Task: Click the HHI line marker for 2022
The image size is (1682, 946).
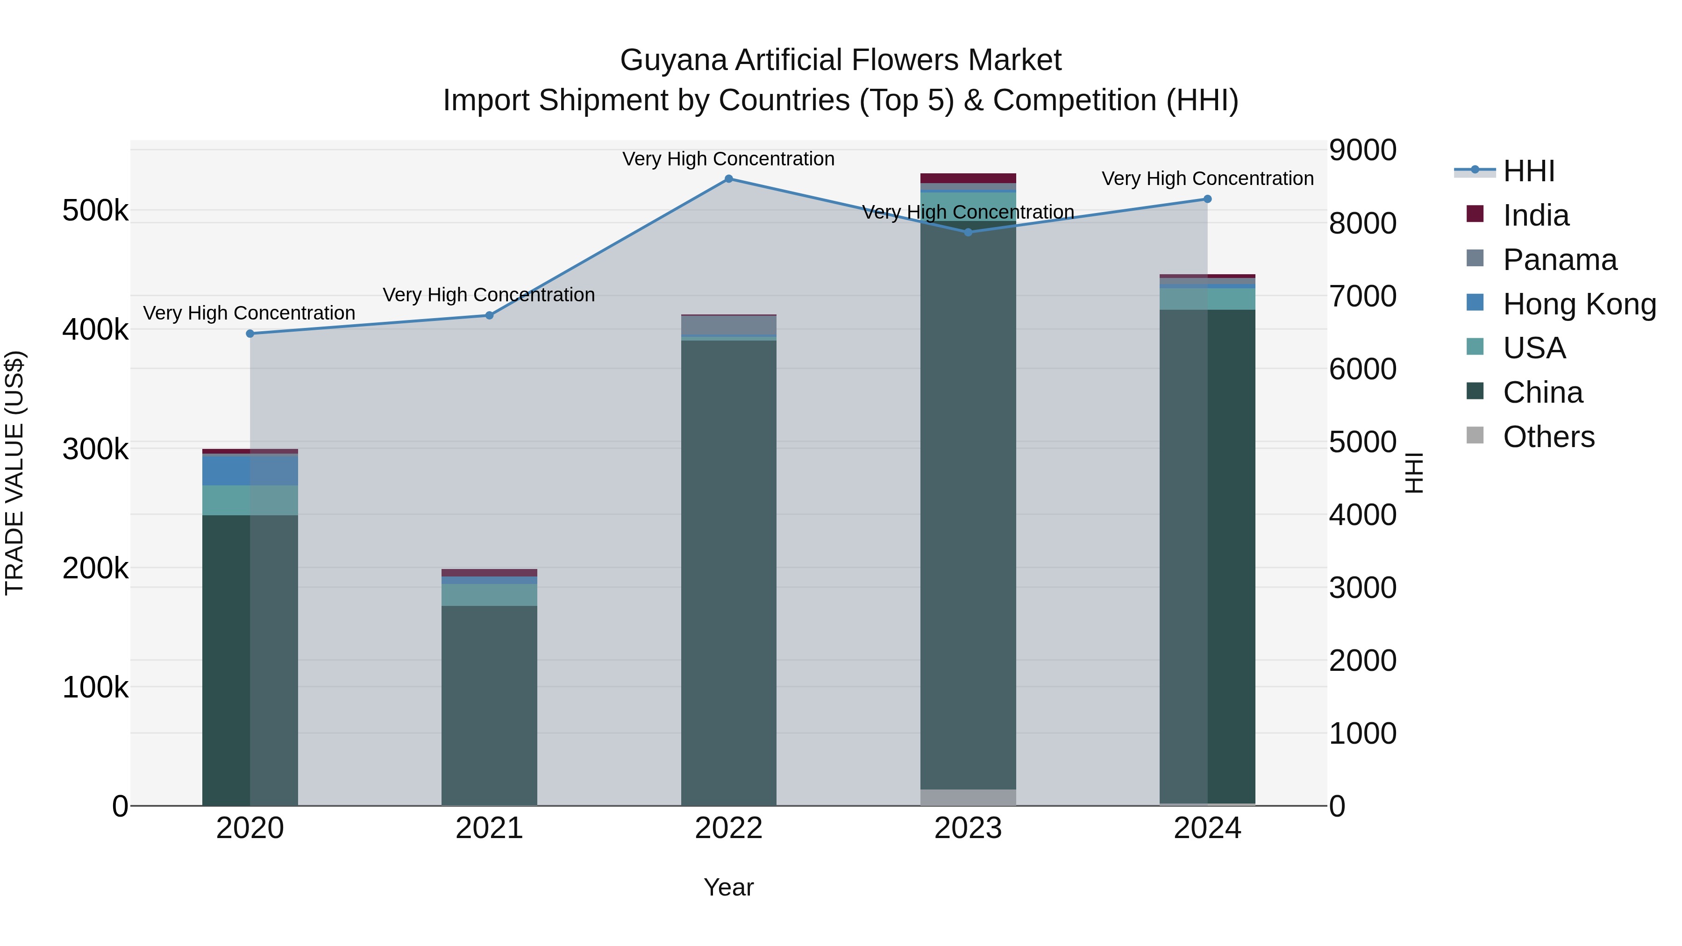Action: click(x=729, y=179)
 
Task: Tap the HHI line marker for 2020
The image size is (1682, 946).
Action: click(x=250, y=334)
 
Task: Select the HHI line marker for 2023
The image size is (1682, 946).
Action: click(x=969, y=233)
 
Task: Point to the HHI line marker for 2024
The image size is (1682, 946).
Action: click(x=1207, y=199)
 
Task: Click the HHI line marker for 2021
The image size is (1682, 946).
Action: click(x=489, y=315)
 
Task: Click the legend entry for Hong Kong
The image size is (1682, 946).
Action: click(x=1579, y=304)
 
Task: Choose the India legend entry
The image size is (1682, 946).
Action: click(x=1535, y=215)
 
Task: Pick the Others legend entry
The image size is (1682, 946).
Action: click(x=1548, y=437)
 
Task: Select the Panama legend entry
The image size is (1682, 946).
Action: click(x=1559, y=260)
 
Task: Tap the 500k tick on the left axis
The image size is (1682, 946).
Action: click(x=95, y=211)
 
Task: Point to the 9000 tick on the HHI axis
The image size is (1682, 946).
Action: click(x=1363, y=150)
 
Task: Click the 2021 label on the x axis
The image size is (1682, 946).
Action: click(x=489, y=828)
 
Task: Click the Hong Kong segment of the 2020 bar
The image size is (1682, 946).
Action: click(x=250, y=470)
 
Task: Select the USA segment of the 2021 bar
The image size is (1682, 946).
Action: click(x=489, y=595)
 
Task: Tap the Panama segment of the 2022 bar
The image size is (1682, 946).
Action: click(x=729, y=325)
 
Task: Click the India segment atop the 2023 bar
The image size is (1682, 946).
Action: click(x=969, y=178)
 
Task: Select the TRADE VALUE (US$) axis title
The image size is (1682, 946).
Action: click(x=15, y=473)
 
